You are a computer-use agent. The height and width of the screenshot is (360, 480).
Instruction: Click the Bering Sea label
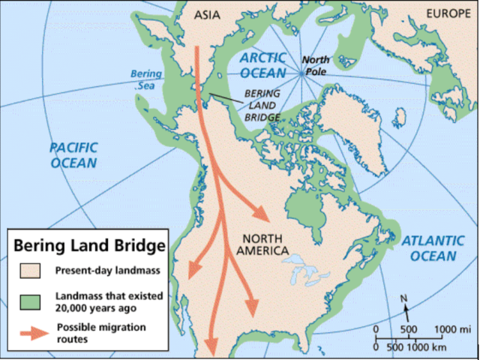coord(145,79)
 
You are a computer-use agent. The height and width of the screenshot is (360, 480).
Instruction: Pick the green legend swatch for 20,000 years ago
coord(28,300)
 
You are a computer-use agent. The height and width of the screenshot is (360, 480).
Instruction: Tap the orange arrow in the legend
coord(28,332)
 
